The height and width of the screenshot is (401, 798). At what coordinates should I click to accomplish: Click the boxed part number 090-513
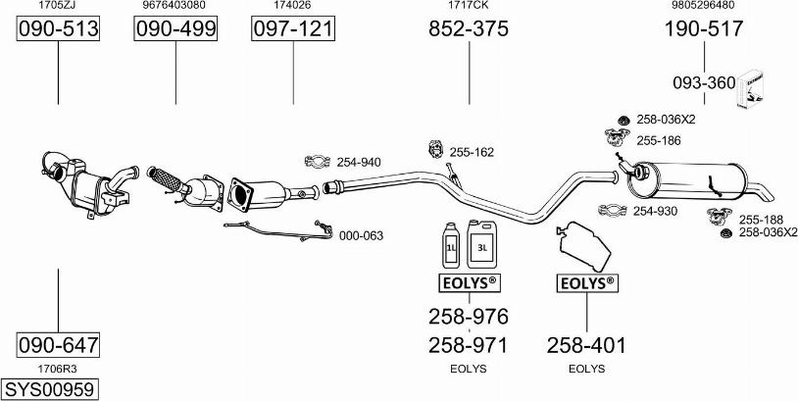click(x=59, y=29)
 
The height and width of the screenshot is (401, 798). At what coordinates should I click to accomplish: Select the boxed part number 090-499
click(x=175, y=29)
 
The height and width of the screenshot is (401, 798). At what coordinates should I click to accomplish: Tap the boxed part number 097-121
click(x=293, y=29)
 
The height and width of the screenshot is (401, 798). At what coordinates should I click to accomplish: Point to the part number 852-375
click(x=469, y=29)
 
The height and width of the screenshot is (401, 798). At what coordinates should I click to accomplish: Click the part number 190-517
click(x=704, y=29)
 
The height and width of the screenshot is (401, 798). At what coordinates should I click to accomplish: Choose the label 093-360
click(x=703, y=83)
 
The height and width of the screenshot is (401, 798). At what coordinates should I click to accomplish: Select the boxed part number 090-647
click(x=59, y=345)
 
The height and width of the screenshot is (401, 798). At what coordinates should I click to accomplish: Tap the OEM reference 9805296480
click(x=703, y=6)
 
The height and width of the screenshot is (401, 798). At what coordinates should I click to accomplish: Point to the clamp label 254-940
click(x=358, y=162)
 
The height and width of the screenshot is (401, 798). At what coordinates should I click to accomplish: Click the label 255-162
click(x=472, y=152)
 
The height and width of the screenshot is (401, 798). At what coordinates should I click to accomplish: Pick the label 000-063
click(x=361, y=235)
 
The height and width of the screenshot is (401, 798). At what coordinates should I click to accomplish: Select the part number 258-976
click(x=469, y=317)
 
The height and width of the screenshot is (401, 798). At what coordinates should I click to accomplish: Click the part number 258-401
click(x=586, y=345)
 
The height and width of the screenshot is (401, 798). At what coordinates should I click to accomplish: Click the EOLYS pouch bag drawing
click(x=585, y=245)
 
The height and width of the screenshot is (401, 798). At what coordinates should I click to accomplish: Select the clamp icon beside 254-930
click(x=612, y=210)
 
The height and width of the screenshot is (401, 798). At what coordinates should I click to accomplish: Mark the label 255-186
click(x=658, y=140)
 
